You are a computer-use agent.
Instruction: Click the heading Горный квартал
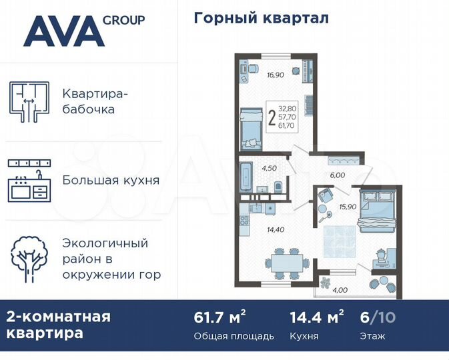coord(261,19)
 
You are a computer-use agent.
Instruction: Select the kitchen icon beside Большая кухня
coord(30,180)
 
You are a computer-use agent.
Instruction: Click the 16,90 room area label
coord(276,75)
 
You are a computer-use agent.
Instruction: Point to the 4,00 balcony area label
coord(340,289)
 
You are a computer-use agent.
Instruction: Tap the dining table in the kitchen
coord(286,261)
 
